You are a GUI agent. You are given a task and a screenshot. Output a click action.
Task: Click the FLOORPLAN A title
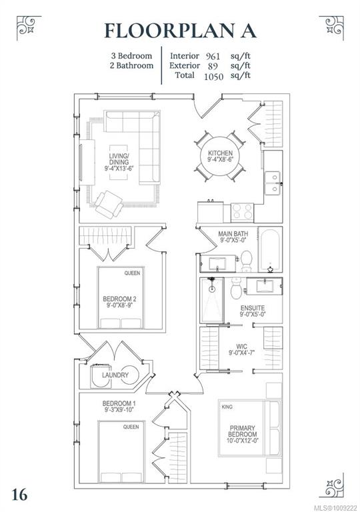[x=180, y=31]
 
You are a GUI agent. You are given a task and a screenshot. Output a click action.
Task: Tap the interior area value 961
[x=213, y=56]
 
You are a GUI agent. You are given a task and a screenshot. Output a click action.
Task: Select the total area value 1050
[x=213, y=77]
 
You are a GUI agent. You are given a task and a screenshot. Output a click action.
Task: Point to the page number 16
[x=19, y=495]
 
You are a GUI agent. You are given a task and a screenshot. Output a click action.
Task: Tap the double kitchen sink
[x=273, y=183]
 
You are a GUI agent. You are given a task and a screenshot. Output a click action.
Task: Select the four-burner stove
[x=242, y=211]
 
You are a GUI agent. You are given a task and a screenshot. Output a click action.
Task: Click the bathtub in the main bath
[x=271, y=251]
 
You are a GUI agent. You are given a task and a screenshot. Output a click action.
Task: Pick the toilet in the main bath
[x=246, y=261]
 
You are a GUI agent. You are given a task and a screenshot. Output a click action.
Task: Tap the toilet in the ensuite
[x=236, y=288]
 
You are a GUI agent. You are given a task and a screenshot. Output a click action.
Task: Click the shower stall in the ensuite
[x=212, y=300]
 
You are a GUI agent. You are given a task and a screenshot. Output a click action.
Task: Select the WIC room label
[x=242, y=346]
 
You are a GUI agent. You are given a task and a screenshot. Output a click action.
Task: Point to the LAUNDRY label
[x=115, y=375]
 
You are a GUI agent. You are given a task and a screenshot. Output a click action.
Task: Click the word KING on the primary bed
[x=227, y=407]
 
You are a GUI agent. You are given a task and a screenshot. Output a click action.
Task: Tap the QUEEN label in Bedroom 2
[x=132, y=273]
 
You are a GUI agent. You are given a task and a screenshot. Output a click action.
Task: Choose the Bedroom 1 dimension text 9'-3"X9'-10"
[x=119, y=410]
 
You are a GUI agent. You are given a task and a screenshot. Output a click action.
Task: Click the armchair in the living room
[x=109, y=204]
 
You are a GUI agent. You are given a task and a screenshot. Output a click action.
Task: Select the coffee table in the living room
[x=119, y=162]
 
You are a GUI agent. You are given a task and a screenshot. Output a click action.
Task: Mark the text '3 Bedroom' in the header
[x=131, y=56]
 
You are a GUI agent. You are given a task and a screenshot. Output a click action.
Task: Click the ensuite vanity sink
[x=264, y=286]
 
